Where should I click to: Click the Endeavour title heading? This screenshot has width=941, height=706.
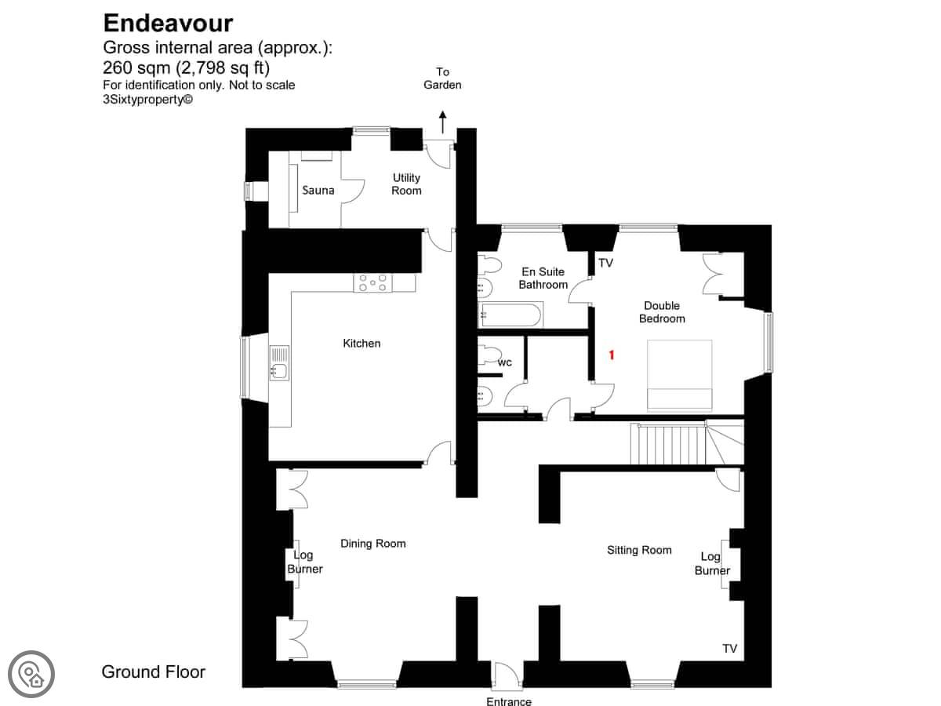[x=168, y=24]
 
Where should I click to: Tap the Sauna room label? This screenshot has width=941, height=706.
[x=318, y=191]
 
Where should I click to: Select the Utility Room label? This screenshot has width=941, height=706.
[x=406, y=184]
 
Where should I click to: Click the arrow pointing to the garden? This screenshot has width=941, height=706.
[x=443, y=122]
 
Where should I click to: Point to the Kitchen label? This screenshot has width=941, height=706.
[x=362, y=344]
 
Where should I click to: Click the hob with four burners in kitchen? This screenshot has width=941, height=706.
[x=372, y=283]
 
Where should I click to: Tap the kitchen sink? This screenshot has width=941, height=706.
[x=279, y=363]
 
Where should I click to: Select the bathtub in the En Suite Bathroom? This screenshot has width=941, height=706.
[x=510, y=315]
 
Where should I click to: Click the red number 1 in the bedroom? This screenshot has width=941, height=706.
[x=612, y=355]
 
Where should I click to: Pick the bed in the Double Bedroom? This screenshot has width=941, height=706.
[x=680, y=376]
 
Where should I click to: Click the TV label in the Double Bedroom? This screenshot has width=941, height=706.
[x=605, y=263]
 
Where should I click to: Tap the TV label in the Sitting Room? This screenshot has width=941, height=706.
[x=729, y=649]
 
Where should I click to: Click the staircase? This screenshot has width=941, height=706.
[x=687, y=444]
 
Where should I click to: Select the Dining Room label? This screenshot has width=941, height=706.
[x=373, y=544]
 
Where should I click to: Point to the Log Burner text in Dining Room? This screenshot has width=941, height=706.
[x=305, y=562]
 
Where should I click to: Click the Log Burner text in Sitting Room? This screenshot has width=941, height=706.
[x=712, y=564]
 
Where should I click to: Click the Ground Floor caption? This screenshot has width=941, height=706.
[x=154, y=671]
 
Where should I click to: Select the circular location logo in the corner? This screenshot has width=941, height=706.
[x=31, y=674]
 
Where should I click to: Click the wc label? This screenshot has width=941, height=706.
[x=505, y=363]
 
